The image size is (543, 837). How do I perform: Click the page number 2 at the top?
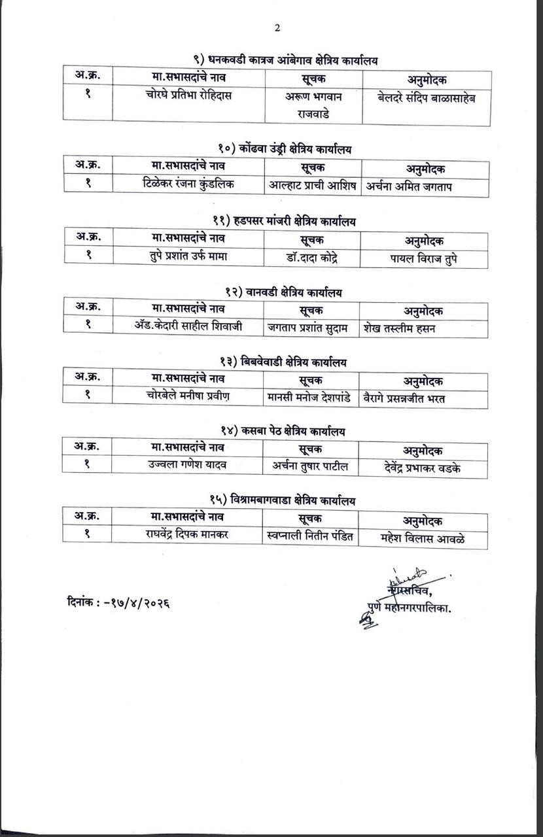click(277, 27)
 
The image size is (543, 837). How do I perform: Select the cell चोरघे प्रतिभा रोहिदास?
click(189, 95)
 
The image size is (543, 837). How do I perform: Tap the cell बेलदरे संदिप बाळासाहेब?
click(426, 98)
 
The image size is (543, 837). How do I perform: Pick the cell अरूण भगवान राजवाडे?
click(314, 105)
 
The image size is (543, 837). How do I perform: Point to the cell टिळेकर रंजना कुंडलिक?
click(188, 184)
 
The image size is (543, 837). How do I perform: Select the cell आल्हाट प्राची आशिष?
click(313, 185)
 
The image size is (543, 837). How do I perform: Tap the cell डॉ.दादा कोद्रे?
click(312, 257)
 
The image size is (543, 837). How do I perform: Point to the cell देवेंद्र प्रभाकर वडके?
click(423, 468)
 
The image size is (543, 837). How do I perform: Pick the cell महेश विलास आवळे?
click(423, 538)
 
